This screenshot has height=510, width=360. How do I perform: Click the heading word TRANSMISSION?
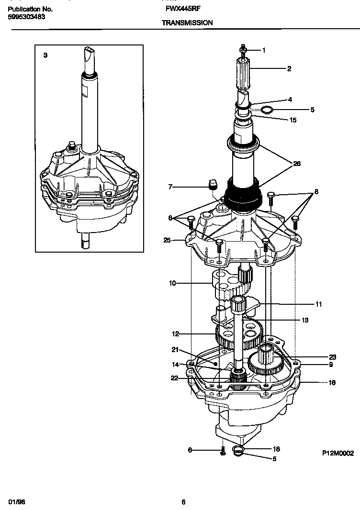[187, 22]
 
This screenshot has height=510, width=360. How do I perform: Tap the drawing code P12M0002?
[337, 453]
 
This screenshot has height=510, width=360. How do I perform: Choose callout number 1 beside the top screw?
[263, 50]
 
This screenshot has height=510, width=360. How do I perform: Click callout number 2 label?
[289, 69]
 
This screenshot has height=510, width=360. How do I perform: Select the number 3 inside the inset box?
[45, 55]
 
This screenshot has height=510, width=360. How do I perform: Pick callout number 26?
[297, 164]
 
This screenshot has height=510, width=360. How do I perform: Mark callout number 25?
[167, 240]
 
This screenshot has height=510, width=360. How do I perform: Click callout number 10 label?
[172, 283]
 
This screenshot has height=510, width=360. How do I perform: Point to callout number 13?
[304, 320]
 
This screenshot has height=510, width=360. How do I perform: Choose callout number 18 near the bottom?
[276, 449]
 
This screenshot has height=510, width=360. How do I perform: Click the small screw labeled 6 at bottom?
[222, 451]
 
